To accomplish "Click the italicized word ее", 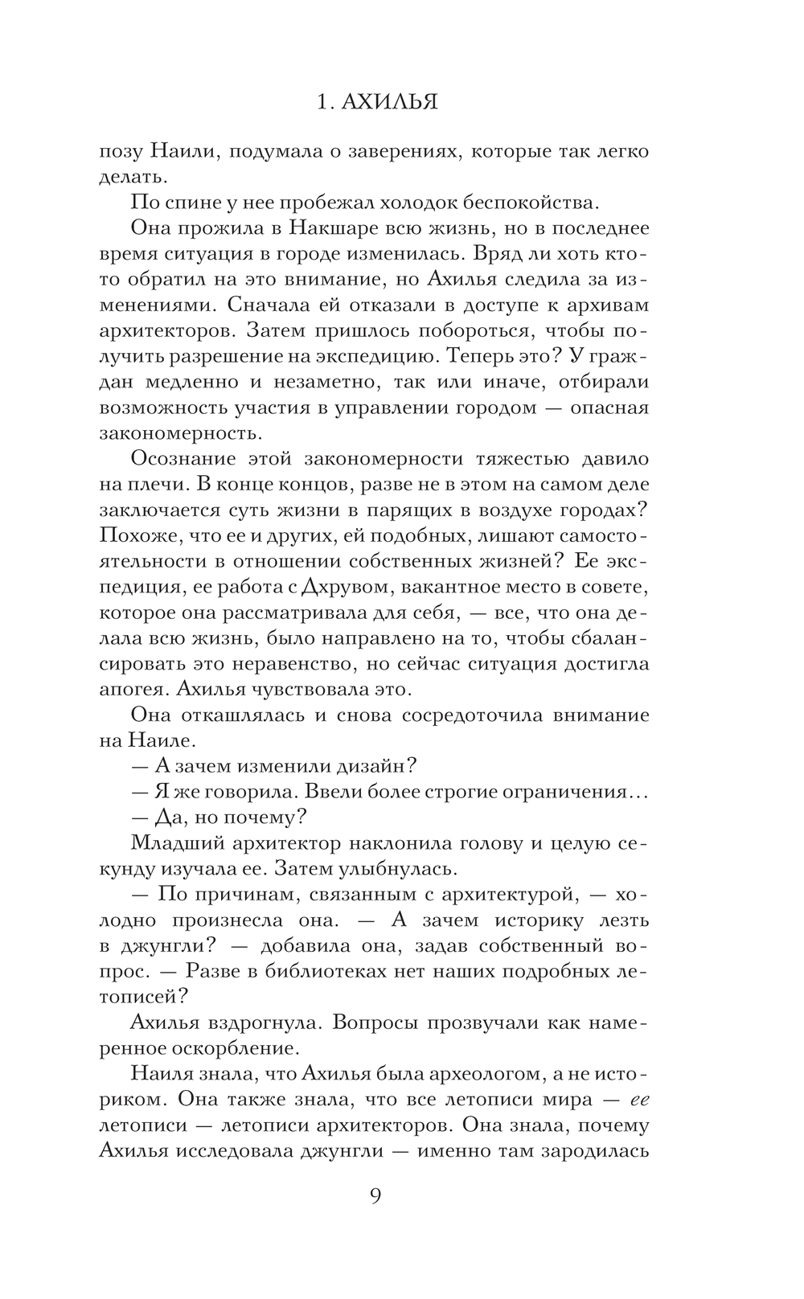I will pyautogui.click(x=638, y=1099).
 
